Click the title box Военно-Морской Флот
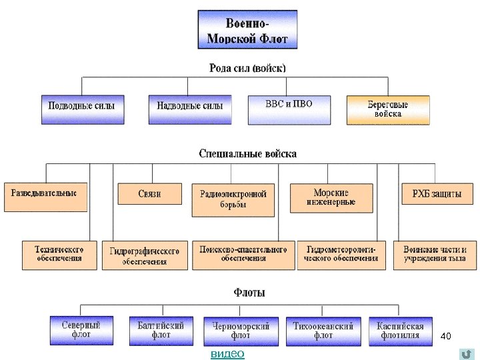coord(247,29)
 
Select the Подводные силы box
coord(82,109)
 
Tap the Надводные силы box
coord(189,109)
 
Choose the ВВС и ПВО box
coord(289,109)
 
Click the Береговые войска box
coord(388,109)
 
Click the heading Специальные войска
coord(247,153)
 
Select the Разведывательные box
coord(45,197)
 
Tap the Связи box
coord(149,194)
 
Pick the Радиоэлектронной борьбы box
coord(233,200)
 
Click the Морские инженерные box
coord(331,197)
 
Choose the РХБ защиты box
coord(437,194)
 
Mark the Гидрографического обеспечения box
coord(145,255)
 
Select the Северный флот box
coord(81,330)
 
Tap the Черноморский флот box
coord(241,331)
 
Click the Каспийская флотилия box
coord(400,331)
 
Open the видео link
coord(227,354)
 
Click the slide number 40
coord(447,337)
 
